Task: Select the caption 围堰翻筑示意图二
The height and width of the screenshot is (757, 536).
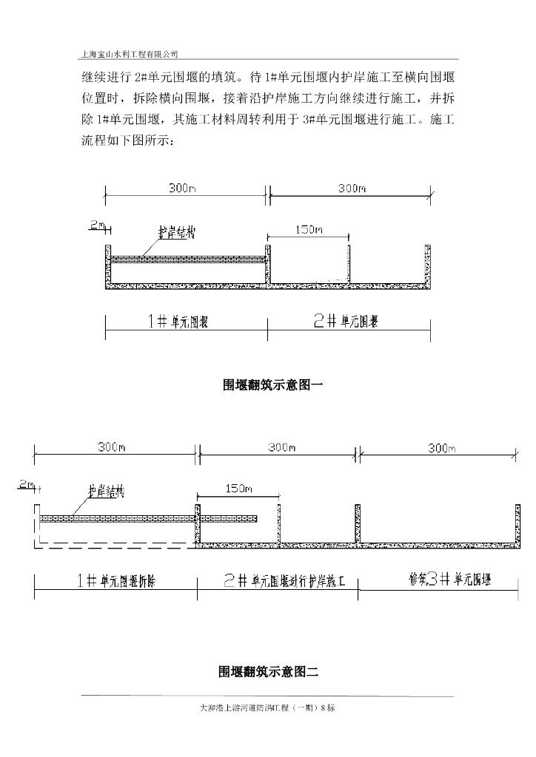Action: tap(268, 672)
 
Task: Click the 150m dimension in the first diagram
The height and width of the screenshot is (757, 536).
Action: tap(309, 230)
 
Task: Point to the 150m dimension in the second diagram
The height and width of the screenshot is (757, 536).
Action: tap(238, 489)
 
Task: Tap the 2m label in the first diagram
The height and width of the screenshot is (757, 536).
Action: tap(97, 223)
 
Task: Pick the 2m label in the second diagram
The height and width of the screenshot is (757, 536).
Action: tap(27, 485)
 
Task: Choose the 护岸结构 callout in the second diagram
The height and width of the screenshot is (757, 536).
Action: tap(106, 491)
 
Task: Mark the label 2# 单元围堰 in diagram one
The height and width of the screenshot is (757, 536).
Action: tap(346, 322)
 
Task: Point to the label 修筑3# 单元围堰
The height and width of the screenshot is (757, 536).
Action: tap(439, 580)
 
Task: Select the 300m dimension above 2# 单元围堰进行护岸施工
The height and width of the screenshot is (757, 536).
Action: tap(281, 448)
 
